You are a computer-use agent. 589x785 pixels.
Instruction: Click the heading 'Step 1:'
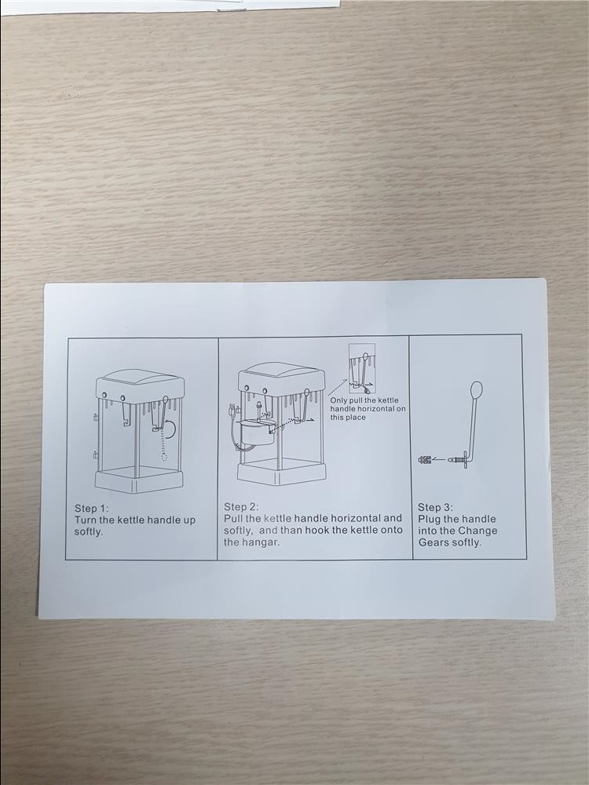(91, 509)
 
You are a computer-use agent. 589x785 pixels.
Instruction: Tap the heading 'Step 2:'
(241, 506)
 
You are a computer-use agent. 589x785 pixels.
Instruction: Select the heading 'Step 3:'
(435, 507)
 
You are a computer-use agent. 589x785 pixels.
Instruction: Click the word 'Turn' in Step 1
(86, 520)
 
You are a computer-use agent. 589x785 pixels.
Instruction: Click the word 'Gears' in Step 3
(433, 542)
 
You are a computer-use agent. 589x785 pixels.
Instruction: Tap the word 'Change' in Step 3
(477, 531)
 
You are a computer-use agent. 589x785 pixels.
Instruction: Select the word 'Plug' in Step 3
(430, 520)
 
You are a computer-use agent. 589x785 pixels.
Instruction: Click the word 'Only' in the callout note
(339, 400)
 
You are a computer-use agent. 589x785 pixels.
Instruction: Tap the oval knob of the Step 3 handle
(477, 389)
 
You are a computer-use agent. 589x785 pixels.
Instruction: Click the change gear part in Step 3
(425, 459)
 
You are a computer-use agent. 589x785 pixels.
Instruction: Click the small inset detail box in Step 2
(362, 368)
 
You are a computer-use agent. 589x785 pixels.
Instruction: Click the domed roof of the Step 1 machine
(141, 383)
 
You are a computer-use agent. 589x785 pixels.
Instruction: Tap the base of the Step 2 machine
(281, 474)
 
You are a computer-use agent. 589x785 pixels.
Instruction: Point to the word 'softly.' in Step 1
(88, 531)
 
